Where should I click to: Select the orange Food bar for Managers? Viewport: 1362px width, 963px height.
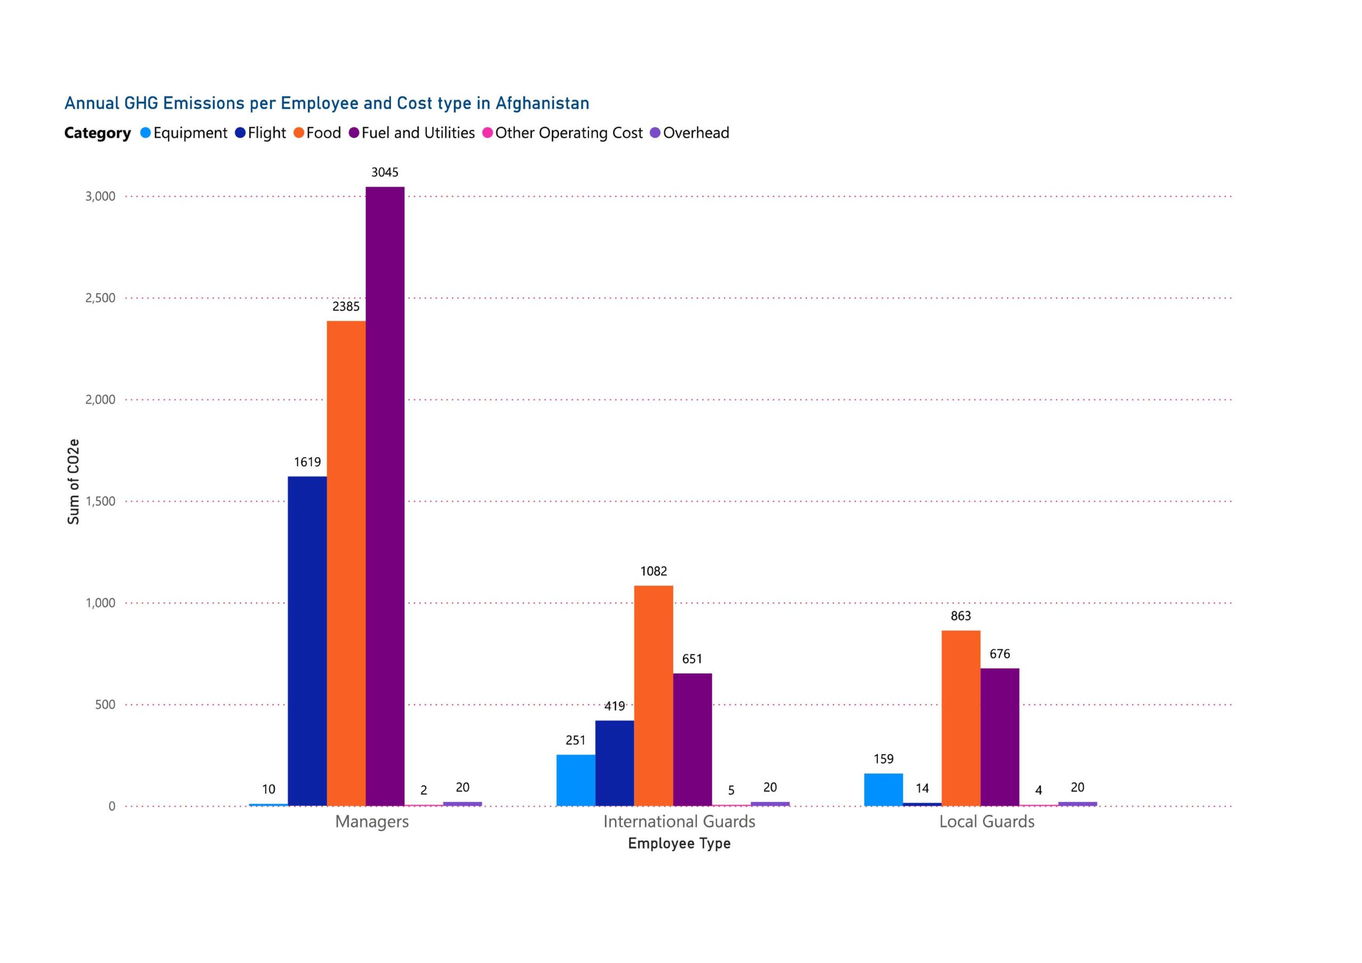[x=346, y=563]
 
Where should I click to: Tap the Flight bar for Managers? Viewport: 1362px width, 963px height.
[x=308, y=641]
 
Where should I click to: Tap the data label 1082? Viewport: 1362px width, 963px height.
[x=653, y=571]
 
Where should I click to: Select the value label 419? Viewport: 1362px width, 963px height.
[x=614, y=706]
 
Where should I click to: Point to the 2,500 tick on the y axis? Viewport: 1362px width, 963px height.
[x=100, y=298]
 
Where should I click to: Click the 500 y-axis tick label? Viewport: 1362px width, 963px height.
[x=105, y=705]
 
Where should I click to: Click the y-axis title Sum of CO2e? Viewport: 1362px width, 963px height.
[x=73, y=482]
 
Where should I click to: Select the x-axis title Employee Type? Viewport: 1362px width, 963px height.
[x=679, y=843]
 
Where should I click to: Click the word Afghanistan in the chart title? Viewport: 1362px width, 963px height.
[x=542, y=103]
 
